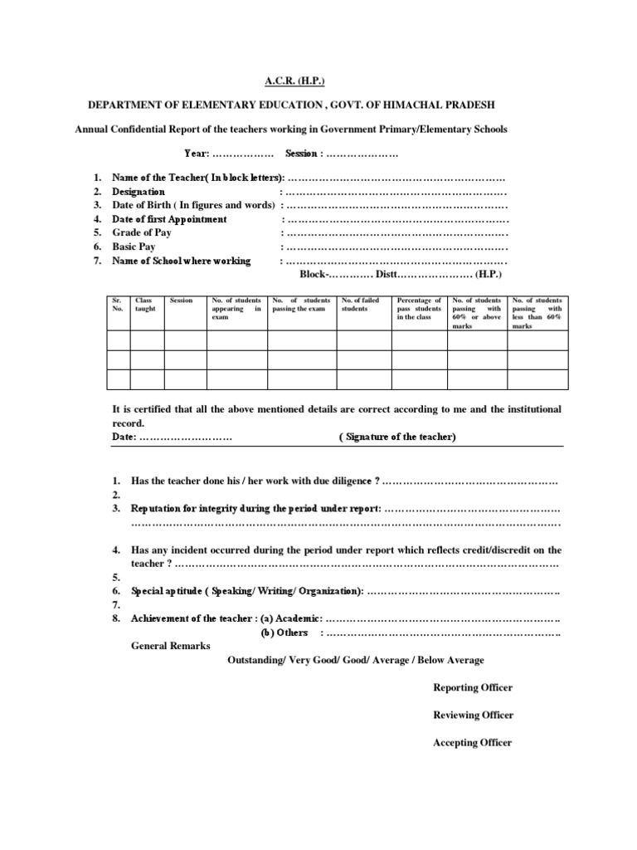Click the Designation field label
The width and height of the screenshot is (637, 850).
(139, 192)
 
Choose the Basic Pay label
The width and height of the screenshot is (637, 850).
(134, 247)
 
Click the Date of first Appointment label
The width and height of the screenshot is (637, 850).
(169, 219)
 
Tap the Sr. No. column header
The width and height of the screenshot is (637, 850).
(117, 304)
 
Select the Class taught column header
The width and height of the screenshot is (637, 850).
(146, 304)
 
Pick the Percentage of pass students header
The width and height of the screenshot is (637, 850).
(419, 308)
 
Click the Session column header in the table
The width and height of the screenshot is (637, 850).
(181, 300)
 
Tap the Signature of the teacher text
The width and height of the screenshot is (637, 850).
(397, 437)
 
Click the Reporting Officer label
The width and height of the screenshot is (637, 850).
(473, 687)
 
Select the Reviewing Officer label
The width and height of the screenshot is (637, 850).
(473, 715)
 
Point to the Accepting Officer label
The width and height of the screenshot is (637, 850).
(472, 742)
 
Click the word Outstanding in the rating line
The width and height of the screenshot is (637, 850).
(256, 660)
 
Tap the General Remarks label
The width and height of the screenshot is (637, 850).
(171, 646)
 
